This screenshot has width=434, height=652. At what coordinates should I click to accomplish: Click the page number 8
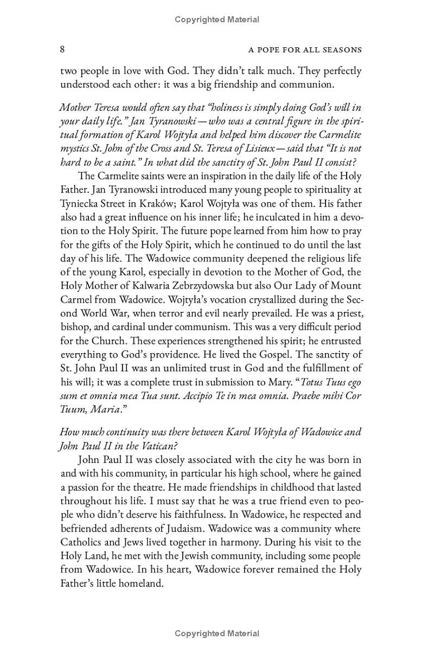tap(62, 50)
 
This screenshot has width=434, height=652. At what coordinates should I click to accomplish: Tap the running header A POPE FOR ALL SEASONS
tap(305, 50)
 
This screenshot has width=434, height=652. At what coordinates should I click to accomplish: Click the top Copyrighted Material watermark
tap(217, 20)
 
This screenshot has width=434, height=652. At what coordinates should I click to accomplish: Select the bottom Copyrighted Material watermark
tap(217, 634)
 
